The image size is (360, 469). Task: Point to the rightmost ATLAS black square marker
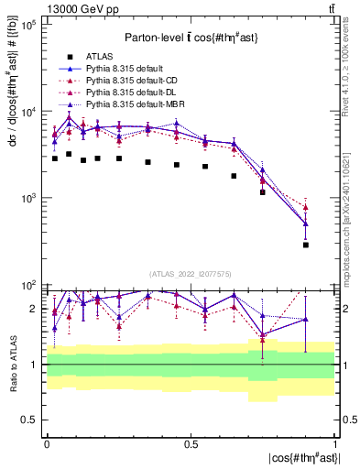click(306, 245)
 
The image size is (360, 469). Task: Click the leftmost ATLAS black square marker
click(55, 158)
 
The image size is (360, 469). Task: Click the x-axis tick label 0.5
click(191, 443)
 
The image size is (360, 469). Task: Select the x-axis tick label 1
click(335, 443)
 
